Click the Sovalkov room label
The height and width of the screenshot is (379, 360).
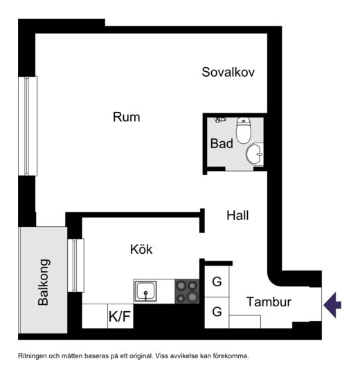pos(228,72)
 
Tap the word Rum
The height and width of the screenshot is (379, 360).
pos(126,117)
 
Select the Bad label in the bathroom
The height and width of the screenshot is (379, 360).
pos(222,143)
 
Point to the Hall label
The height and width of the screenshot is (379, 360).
pos(237,215)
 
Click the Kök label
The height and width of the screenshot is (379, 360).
pos(141,249)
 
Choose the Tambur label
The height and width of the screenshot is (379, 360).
pos(269,302)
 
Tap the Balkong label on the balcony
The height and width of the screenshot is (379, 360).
pos(44,282)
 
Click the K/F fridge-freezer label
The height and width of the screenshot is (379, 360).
pos(120,316)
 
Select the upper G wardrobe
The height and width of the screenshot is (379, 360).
pos(217,281)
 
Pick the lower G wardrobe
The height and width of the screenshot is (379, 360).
pos(217,313)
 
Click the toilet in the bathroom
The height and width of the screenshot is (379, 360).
pos(244,130)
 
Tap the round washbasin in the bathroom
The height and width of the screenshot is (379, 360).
pos(255,154)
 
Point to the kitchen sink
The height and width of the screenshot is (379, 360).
pos(145,291)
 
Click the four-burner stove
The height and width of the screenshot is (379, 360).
pos(187,291)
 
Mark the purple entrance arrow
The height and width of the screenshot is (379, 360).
pos(332,305)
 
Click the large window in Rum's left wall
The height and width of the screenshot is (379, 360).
pos(28,126)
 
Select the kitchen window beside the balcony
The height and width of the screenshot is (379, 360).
pos(75,265)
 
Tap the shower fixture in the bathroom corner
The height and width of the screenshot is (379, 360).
pos(220,120)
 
